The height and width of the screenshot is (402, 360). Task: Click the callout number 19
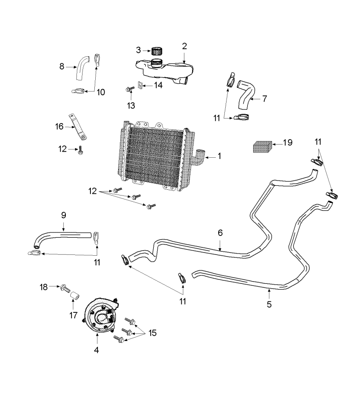(x=287, y=143)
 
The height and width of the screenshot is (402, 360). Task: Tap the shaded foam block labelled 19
(x=262, y=146)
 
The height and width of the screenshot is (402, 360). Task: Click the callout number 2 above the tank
(x=184, y=46)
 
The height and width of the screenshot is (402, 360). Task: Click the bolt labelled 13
(x=130, y=90)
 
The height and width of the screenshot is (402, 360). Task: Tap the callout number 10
(x=101, y=92)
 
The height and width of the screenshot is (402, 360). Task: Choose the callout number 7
(x=264, y=99)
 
